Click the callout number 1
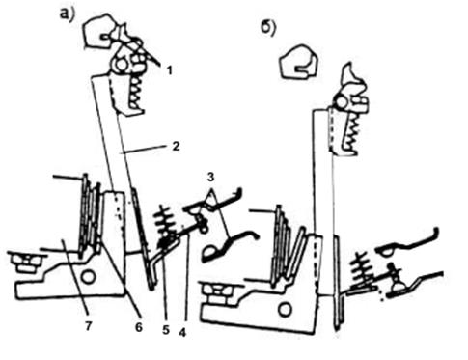tap(170, 70)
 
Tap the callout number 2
tap(176, 147)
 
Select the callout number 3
tap(210, 177)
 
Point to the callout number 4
tap(182, 332)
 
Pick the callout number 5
tap(166, 329)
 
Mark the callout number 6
tap(139, 327)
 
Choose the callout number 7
tap(89, 326)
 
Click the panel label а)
tap(68, 14)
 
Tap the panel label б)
tap(268, 29)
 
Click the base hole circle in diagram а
tap(88, 276)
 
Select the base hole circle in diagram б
tap(285, 310)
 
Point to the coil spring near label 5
tap(165, 226)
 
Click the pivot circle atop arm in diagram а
tap(121, 65)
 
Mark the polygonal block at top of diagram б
tap(299, 62)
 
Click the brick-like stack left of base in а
tap(26, 262)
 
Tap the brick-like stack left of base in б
tap(217, 292)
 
